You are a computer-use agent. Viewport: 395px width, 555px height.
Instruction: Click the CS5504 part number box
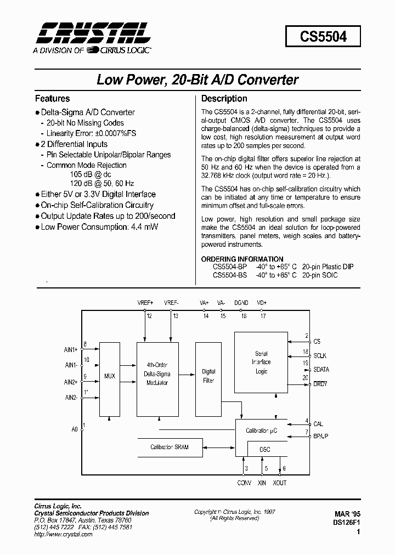click(x=323, y=37)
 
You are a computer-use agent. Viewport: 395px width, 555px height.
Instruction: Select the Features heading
click(x=52, y=99)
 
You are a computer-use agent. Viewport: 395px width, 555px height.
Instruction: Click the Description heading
click(x=224, y=99)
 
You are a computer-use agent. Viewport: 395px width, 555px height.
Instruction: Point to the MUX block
click(x=110, y=376)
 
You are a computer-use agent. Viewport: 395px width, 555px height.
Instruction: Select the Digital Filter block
click(x=208, y=376)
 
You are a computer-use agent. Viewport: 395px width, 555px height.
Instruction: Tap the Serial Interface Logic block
click(x=261, y=363)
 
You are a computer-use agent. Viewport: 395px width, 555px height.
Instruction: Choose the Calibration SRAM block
click(x=170, y=447)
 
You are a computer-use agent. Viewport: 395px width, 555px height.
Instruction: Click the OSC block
click(x=264, y=450)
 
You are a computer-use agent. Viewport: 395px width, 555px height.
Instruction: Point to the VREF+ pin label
click(x=146, y=303)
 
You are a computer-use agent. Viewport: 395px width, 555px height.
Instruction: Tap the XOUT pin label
click(x=279, y=483)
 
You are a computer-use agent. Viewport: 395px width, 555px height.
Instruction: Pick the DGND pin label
click(x=241, y=303)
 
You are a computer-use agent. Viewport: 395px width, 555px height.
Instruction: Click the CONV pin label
click(x=244, y=483)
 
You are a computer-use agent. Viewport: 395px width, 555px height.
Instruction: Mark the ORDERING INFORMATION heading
click(x=242, y=259)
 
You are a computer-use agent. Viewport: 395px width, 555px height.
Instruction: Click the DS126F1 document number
click(x=345, y=523)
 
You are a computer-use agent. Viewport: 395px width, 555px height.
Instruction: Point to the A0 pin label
click(x=75, y=429)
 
